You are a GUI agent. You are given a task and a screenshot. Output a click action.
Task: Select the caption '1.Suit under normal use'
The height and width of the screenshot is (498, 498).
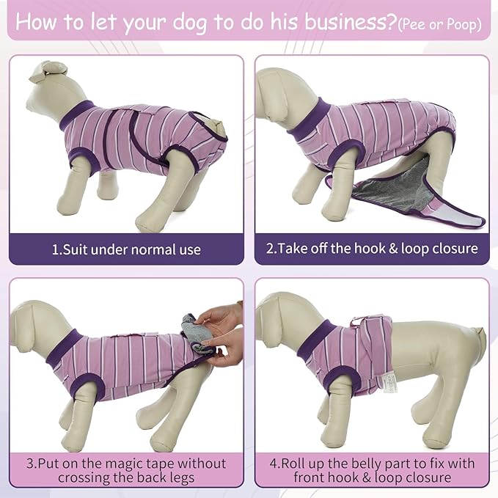(x=126, y=249)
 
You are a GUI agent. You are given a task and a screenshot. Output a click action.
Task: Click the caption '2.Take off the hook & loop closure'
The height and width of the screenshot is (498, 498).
(x=372, y=249)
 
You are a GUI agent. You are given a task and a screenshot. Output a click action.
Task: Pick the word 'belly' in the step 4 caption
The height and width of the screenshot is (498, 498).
(x=371, y=464)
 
